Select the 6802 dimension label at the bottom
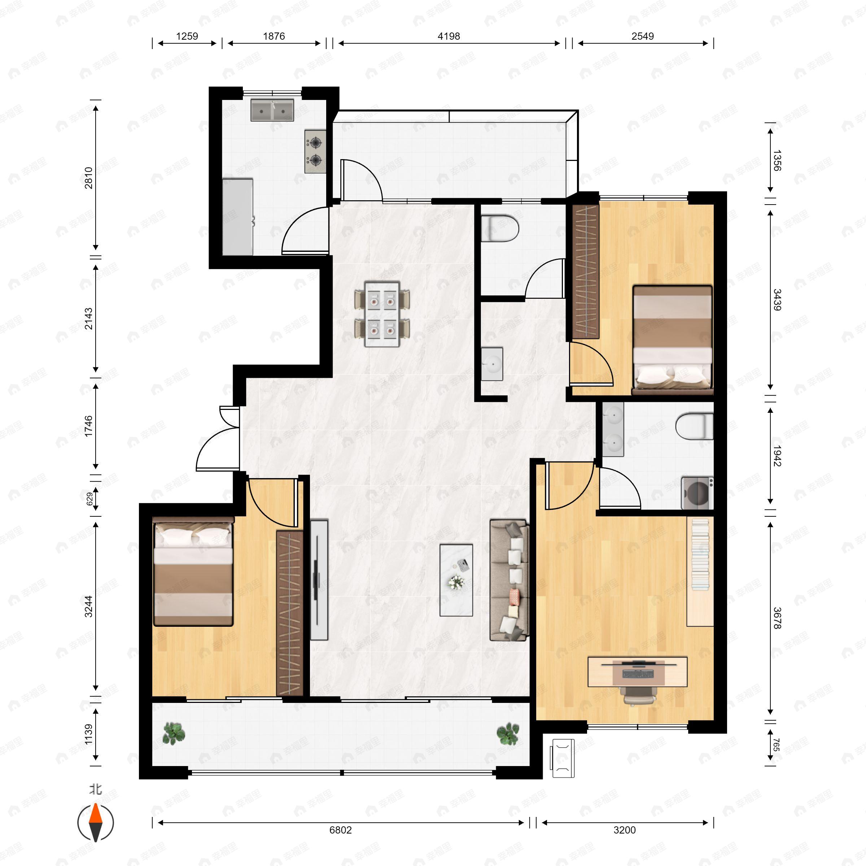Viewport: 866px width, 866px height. pyautogui.click(x=340, y=830)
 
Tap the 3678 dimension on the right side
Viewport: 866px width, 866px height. pyautogui.click(x=777, y=618)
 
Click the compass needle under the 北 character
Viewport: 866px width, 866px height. pyautogui.click(x=96, y=823)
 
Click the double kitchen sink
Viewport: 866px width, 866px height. pyautogui.click(x=272, y=110)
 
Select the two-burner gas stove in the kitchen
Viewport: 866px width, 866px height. pyautogui.click(x=315, y=152)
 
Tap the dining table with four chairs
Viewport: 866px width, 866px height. pyautogui.click(x=382, y=314)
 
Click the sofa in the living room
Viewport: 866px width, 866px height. pyautogui.click(x=509, y=580)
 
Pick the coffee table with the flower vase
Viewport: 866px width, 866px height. pyautogui.click(x=456, y=580)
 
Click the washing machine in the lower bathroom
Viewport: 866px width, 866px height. pyautogui.click(x=696, y=493)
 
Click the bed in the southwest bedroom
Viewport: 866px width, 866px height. pyautogui.click(x=193, y=572)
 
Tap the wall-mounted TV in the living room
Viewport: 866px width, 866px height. pyautogui.click(x=319, y=579)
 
